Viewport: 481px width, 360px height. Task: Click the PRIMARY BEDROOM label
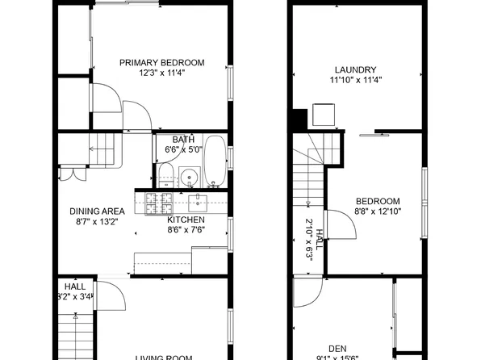[x=161, y=62]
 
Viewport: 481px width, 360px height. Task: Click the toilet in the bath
[x=165, y=173]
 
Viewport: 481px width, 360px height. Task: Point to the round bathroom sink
[x=190, y=175]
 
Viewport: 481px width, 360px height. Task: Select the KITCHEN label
[x=186, y=220]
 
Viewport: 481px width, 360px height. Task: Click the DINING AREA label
[x=96, y=211]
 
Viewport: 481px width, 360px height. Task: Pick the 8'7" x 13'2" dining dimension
[x=96, y=222]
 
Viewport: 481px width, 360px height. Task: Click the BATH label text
[x=183, y=138]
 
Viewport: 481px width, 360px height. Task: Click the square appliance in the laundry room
[x=324, y=114]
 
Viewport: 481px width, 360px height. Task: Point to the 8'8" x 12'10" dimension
[x=378, y=211]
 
